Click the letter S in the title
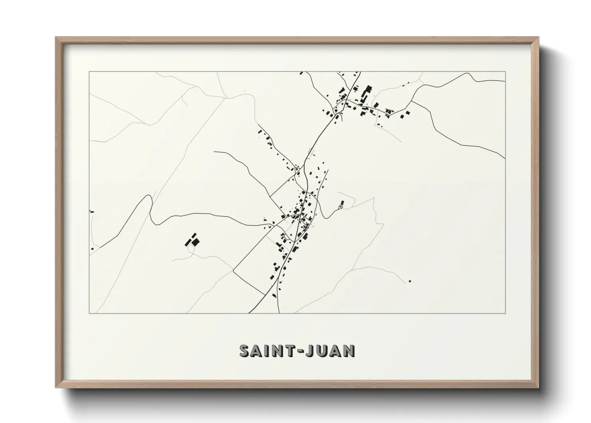click(245, 351)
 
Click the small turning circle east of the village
click(340, 207)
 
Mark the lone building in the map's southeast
click(410, 281)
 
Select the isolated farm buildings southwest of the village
click(192, 240)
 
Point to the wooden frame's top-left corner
click(56, 38)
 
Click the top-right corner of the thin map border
click(506, 72)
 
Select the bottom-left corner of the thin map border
click(89, 313)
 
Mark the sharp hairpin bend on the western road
click(150, 197)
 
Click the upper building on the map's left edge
click(92, 211)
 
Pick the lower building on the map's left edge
click(92, 249)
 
